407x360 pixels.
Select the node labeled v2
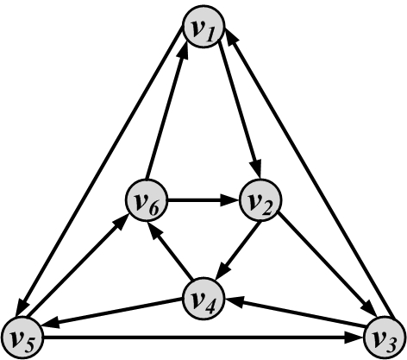pyautogui.click(x=260, y=200)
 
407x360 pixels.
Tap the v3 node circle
pyautogui.click(x=385, y=338)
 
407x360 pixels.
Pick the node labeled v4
pyautogui.click(x=203, y=299)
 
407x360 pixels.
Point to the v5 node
pyautogui.click(x=22, y=338)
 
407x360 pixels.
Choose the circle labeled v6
pyautogui.click(x=147, y=200)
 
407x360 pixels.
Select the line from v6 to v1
pyautogui.click(x=166, y=112)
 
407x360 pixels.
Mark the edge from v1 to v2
pyautogui.click(x=240, y=111)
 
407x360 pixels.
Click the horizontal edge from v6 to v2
pyautogui.click(x=203, y=200)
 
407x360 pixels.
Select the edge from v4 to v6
pyautogui.click(x=170, y=251)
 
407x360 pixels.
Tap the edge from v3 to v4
pyautogui.click(x=296, y=313)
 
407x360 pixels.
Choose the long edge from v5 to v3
pyautogui.click(x=203, y=338)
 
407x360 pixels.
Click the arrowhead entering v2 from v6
pyautogui.click(x=230, y=200)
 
